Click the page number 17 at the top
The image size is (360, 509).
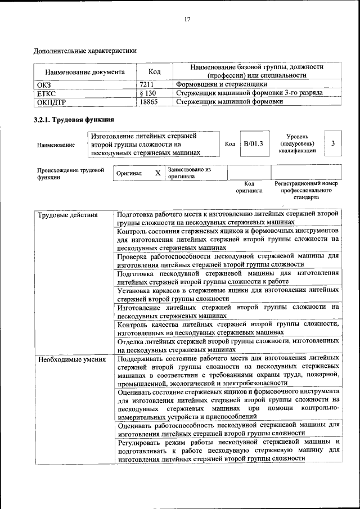point(187,20)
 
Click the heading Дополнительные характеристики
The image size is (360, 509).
point(85,51)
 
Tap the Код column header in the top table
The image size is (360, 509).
point(154,72)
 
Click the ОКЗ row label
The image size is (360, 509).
point(44,85)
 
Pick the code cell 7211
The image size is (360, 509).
point(147,85)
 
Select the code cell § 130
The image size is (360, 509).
point(147,93)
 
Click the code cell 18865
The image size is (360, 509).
point(148,102)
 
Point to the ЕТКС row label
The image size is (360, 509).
point(47,93)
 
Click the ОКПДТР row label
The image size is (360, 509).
point(51,102)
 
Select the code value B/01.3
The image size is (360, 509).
point(253,144)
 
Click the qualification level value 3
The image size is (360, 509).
point(333,144)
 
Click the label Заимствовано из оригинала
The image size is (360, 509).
point(189,173)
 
